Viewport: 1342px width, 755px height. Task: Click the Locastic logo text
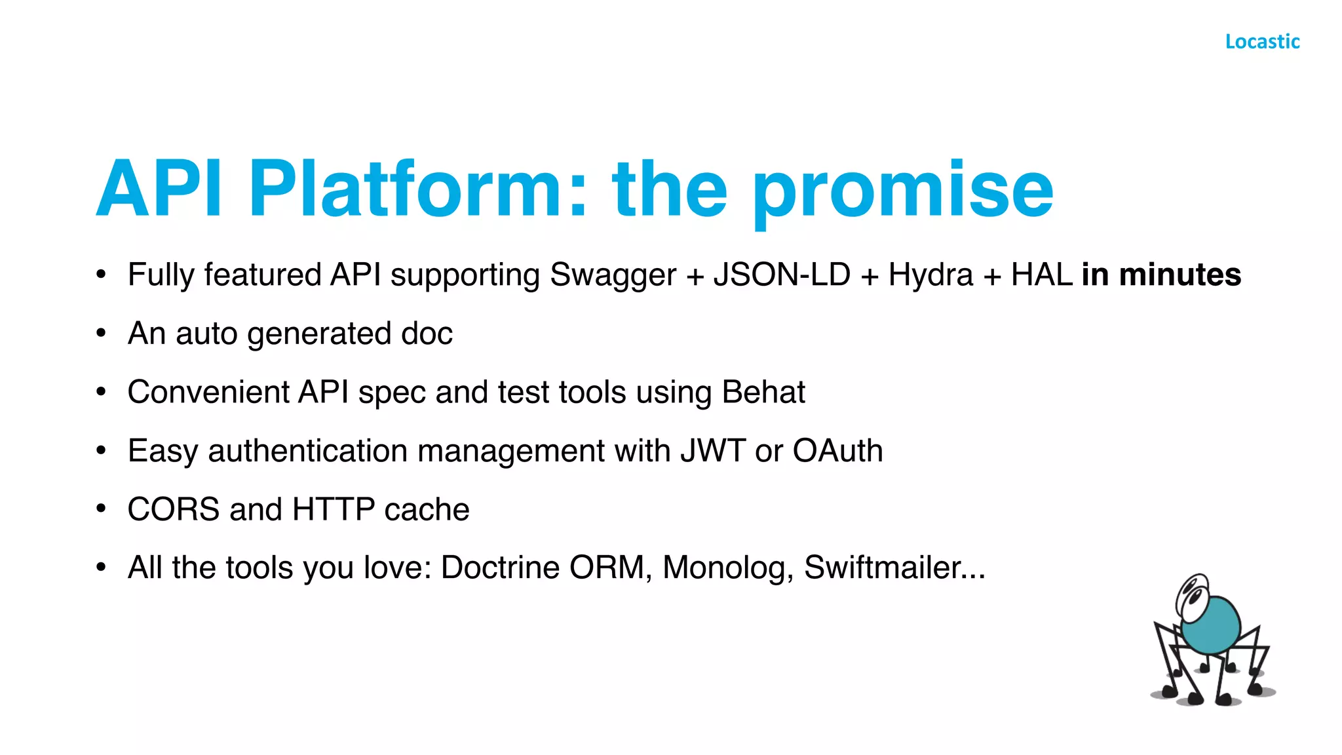(x=1262, y=41)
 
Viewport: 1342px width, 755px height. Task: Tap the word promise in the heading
(x=903, y=193)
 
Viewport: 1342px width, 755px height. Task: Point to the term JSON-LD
(x=782, y=275)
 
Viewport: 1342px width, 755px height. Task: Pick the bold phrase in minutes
(x=1160, y=275)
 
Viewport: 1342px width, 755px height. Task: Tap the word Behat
(x=763, y=392)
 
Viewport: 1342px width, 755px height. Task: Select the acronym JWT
(x=712, y=451)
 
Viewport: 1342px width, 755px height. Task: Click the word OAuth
(x=837, y=451)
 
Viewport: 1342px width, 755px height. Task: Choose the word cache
(x=427, y=510)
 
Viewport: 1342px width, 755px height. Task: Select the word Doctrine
(x=500, y=568)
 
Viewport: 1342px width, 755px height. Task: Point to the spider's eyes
(x=1193, y=593)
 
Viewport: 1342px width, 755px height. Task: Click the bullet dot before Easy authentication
(x=101, y=451)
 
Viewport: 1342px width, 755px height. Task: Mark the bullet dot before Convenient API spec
(x=101, y=392)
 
